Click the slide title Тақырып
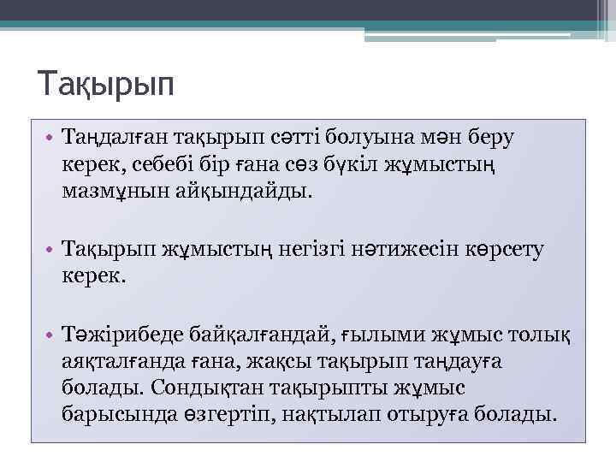point(106,86)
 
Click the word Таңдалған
point(115,136)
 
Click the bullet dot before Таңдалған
point(51,137)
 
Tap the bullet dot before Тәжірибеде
point(51,335)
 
